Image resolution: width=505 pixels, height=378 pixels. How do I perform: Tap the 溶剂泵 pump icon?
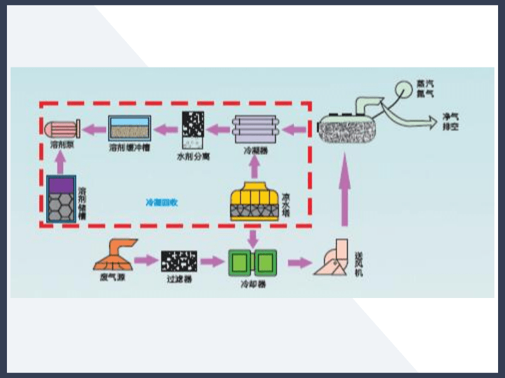(60, 129)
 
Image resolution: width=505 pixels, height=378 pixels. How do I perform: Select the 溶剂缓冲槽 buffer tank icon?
(129, 128)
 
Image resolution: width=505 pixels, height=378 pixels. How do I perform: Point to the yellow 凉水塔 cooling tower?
(254, 202)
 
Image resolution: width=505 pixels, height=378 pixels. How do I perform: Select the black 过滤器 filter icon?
(179, 260)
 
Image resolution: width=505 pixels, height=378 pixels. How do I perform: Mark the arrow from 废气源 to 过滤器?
(146, 260)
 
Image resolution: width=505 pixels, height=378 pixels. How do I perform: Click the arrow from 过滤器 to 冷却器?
(213, 260)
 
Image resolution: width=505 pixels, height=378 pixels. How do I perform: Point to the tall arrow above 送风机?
(345, 189)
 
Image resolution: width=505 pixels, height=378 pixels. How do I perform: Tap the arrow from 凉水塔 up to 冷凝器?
(254, 166)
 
